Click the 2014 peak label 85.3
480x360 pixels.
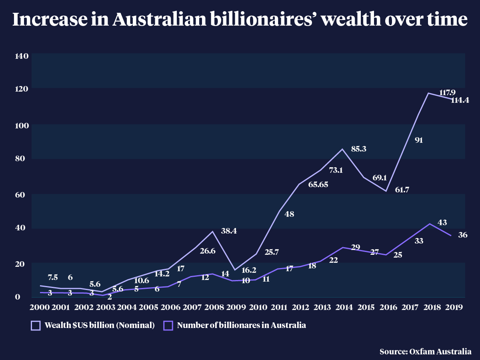359,149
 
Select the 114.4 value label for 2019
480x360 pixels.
460,100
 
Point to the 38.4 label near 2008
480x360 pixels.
229,231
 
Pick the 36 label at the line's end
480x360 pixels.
463,235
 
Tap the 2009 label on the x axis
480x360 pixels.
236,307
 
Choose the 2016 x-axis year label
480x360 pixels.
388,307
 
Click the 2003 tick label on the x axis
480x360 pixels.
106,307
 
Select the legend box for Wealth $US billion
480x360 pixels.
36,326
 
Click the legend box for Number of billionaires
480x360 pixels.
168,326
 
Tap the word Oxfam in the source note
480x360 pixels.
420,352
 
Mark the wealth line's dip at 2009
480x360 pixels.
235,270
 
